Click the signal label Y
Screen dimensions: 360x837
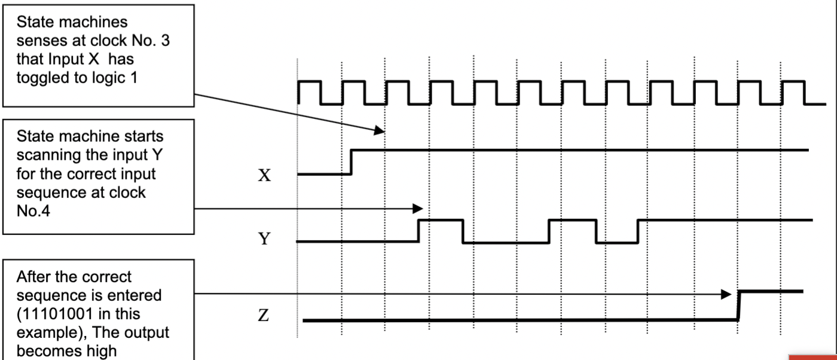264,239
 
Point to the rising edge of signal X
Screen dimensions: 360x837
352,162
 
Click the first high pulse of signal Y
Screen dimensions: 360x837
441,221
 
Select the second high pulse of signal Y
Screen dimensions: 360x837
572,221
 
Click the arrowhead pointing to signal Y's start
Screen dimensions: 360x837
418,209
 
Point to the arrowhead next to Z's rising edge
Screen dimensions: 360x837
726,294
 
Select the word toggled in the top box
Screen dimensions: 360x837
41,78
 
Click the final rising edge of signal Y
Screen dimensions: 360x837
639,231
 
